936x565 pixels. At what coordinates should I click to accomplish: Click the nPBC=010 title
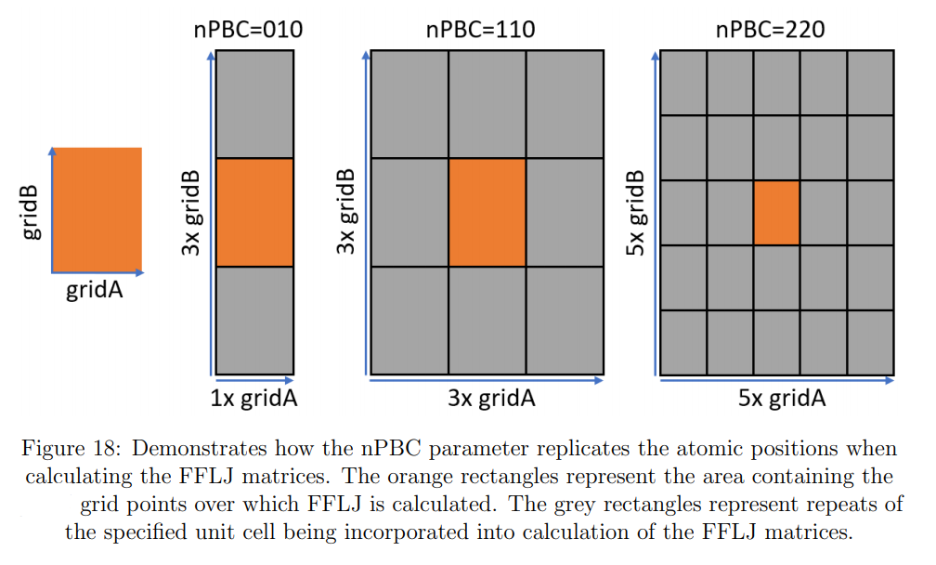coord(248,30)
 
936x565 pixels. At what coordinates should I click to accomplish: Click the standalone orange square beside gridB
coord(97,209)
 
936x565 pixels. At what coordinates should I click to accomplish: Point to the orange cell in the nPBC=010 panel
coord(254,213)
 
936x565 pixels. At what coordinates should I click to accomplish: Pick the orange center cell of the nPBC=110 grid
coord(487,213)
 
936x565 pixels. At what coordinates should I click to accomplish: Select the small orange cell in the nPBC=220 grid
coord(776,213)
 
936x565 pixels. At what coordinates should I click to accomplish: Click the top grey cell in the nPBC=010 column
coord(254,104)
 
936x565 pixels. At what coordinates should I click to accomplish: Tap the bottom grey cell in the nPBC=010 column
coord(254,321)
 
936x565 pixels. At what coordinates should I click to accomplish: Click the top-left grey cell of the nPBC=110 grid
coord(409,104)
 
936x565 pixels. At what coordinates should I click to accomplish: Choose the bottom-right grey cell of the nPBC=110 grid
coord(565,321)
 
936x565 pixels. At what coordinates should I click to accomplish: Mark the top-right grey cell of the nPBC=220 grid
coord(870,83)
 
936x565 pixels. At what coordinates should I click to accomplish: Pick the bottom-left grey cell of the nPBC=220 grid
coord(683,342)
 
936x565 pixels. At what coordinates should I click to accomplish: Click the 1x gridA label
coord(253,400)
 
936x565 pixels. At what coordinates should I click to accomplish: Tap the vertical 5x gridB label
coord(637,214)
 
